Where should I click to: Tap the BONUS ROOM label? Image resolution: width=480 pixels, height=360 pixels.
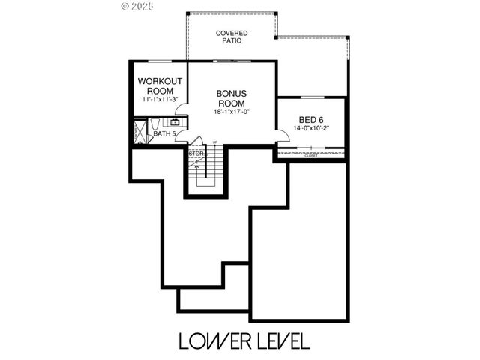232,98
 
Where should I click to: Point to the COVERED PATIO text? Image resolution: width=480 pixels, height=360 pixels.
232,37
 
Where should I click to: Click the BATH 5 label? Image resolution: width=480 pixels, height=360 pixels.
165,134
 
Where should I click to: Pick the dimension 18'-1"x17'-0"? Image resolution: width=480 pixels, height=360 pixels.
232,112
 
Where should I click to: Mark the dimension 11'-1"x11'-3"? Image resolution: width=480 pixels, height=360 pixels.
159,99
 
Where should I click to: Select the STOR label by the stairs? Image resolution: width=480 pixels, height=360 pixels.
196,154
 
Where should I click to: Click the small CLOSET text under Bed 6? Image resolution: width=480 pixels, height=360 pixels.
310,156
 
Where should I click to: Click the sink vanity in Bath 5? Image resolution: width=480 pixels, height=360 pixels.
175,122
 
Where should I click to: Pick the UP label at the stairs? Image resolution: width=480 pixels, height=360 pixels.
215,142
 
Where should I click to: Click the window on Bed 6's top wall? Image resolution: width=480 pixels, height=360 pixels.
312,97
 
